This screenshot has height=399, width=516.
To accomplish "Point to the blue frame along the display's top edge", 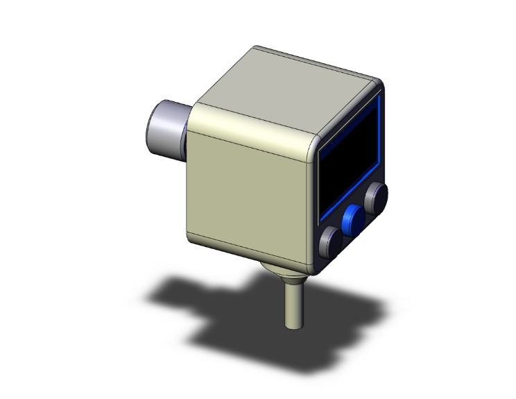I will click(347, 121).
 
